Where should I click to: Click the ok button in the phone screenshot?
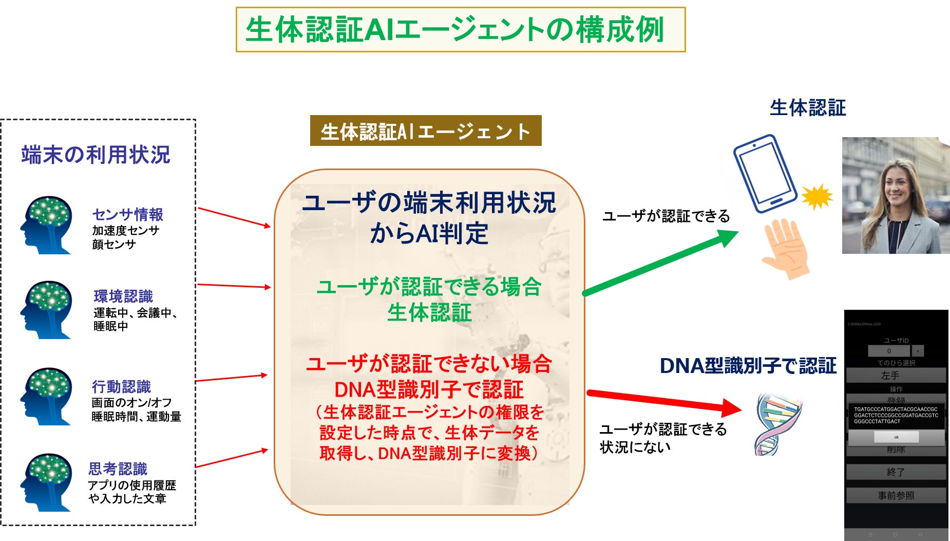point(896,437)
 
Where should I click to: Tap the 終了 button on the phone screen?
point(896,472)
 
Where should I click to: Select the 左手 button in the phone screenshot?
point(896,376)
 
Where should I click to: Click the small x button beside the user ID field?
point(918,351)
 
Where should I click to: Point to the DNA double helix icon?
point(775,424)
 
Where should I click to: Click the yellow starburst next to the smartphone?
point(816,196)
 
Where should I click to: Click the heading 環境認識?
point(123,296)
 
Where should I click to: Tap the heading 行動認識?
point(121,386)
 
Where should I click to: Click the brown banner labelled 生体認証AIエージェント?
point(425,131)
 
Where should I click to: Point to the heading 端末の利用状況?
point(96,155)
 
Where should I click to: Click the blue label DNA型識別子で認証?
point(748,366)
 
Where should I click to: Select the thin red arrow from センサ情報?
point(234,217)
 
